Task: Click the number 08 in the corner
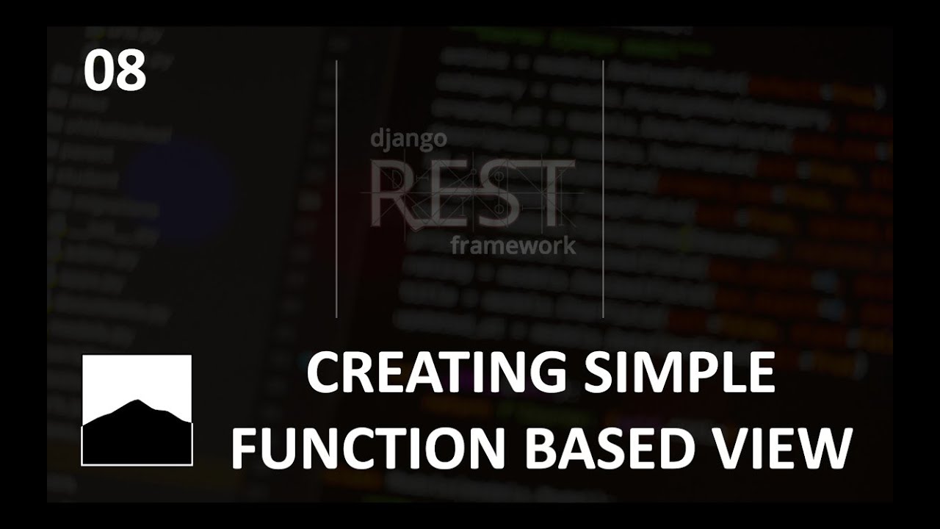115,72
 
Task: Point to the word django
408,138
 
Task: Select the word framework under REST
513,245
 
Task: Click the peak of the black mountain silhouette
135,402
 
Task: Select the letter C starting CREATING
321,373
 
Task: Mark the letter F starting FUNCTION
245,448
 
